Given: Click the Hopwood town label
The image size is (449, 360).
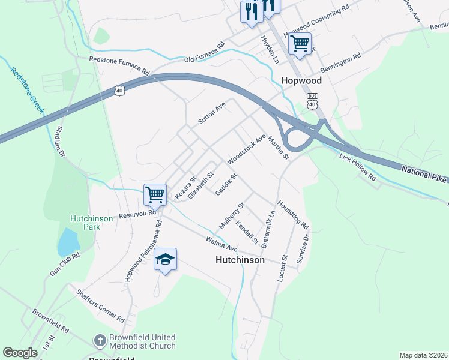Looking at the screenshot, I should pos(301,80).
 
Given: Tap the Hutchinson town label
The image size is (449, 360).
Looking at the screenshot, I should pos(240,260).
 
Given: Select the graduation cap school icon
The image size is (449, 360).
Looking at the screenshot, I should pos(166,259).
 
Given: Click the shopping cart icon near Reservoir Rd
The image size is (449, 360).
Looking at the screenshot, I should pos(155,194).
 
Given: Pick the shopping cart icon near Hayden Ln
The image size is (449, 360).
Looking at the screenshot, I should pos(300,44).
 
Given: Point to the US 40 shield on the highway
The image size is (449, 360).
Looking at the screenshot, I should pos(120,90).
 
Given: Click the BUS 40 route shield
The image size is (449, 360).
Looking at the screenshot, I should pos(312,101).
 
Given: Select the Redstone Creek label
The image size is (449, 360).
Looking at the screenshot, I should pos(28,91).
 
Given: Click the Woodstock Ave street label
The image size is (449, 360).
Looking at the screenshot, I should pos(247,149).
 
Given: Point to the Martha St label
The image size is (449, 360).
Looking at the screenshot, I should pos(279,148).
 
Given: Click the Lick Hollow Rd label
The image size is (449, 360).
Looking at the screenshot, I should pos(357,167).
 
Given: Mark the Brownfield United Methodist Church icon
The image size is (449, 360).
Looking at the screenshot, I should pos(101,341).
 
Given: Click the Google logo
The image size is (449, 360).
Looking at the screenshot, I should pos(20,353).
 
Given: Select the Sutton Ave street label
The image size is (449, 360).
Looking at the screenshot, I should pos(211,113).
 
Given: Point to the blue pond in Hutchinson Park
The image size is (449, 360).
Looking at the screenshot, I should pos(68,241).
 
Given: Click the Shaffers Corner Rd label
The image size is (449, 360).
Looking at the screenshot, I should pos(100,305).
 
